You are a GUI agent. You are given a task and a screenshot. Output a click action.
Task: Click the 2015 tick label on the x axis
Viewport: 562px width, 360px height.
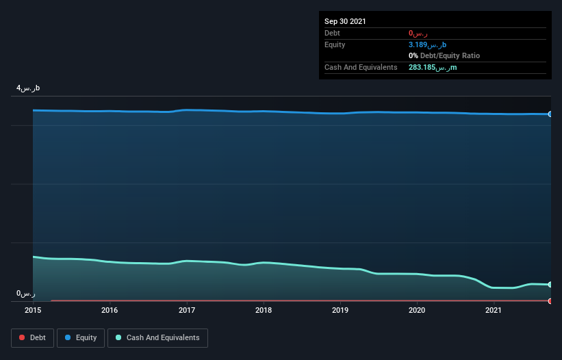[x=33, y=310]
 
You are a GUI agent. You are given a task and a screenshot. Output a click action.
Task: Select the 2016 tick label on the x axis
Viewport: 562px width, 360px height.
[x=110, y=310]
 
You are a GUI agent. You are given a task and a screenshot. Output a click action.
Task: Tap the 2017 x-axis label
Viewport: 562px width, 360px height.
[x=186, y=310]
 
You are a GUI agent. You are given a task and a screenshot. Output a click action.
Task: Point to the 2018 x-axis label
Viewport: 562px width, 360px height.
[x=264, y=310]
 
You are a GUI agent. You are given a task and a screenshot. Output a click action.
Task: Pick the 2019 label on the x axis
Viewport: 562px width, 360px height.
[x=340, y=310]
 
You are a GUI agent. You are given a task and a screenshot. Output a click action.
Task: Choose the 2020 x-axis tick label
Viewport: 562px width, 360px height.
[x=417, y=310]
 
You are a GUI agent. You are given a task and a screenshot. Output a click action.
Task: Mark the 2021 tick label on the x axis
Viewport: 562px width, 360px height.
[x=494, y=310]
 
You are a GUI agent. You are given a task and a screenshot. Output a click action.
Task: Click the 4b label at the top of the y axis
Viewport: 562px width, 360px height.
[x=29, y=88]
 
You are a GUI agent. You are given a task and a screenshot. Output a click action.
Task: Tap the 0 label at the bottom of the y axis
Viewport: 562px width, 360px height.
[x=26, y=294]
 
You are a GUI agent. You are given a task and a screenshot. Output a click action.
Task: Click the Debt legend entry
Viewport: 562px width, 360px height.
[x=32, y=338]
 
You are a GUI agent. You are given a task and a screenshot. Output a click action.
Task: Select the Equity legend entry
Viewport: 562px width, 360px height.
[x=81, y=338]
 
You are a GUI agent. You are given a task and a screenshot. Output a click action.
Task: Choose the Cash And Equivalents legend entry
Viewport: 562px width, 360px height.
[x=157, y=338]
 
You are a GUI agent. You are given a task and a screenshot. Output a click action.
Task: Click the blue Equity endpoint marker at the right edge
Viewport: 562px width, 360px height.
[x=550, y=114]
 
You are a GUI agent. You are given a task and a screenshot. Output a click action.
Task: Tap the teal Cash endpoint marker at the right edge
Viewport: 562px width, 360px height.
[x=550, y=285]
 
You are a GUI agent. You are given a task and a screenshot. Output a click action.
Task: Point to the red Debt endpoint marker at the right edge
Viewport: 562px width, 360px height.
[x=550, y=301]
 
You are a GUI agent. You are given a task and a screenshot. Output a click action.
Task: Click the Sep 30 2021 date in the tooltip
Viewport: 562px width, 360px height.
[x=345, y=21]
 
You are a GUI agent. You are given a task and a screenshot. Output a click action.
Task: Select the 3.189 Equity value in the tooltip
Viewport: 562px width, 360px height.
[x=427, y=44]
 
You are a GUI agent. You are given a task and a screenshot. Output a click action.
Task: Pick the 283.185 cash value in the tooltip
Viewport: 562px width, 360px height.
[x=433, y=67]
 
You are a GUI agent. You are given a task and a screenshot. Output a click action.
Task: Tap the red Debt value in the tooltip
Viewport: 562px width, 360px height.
[x=418, y=33]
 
